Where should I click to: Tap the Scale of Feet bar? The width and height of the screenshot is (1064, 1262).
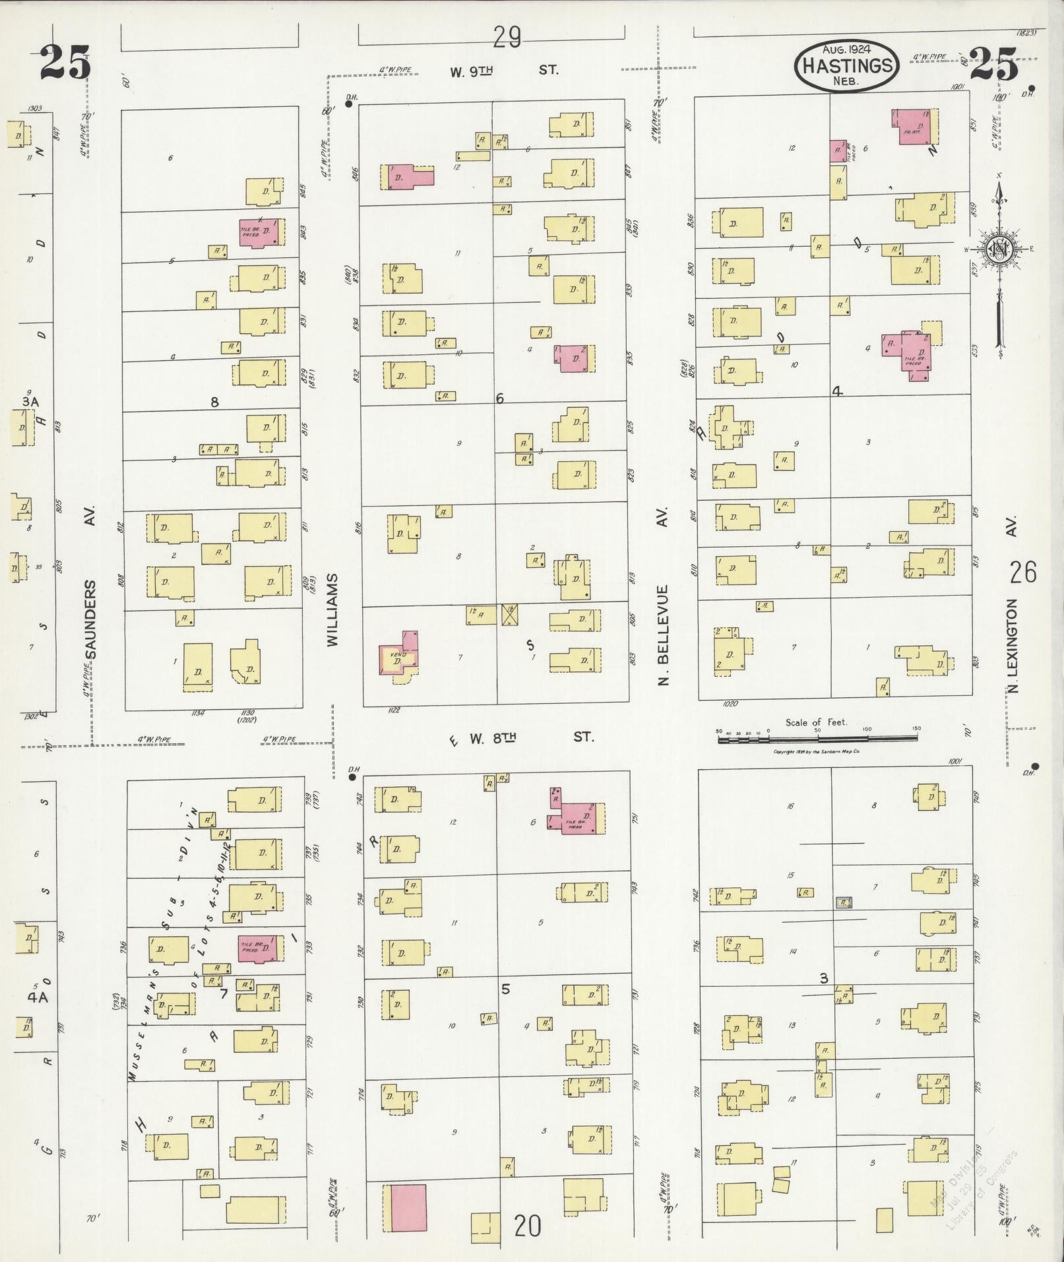pyautogui.click(x=818, y=740)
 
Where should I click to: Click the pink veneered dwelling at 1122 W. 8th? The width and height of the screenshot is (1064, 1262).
pyautogui.click(x=398, y=655)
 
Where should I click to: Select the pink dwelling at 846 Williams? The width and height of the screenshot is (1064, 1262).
pyautogui.click(x=407, y=177)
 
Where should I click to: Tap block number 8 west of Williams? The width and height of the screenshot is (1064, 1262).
pyautogui.click(x=214, y=401)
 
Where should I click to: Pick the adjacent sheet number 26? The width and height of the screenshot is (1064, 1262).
pyautogui.click(x=1022, y=572)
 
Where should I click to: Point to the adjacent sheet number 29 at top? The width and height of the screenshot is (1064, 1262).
pyautogui.click(x=507, y=38)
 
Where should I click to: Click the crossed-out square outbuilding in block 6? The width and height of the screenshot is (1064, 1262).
pyautogui.click(x=510, y=615)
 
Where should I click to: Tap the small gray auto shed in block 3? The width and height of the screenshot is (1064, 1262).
pyautogui.click(x=844, y=902)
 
